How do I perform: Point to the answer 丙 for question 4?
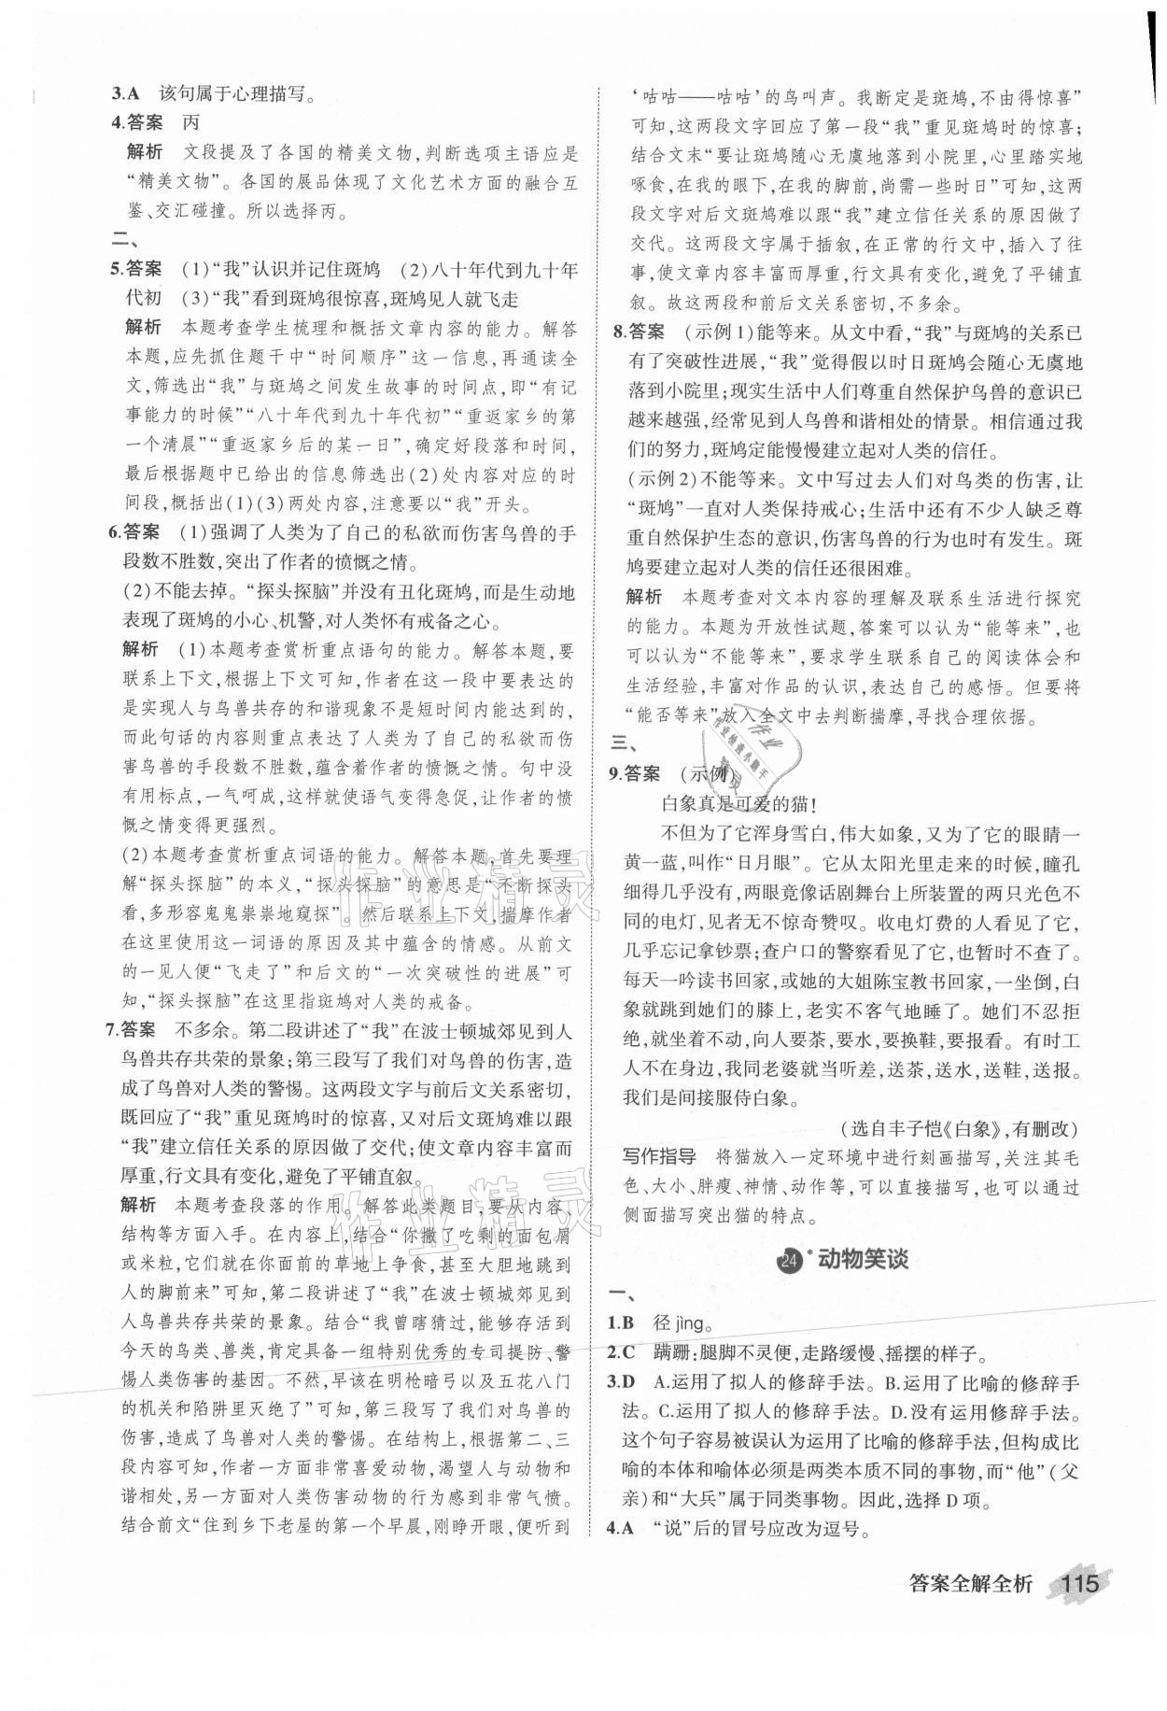(190, 121)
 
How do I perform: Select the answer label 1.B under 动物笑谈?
(621, 1322)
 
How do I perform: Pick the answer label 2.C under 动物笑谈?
(621, 1352)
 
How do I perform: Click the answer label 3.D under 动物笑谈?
(622, 1382)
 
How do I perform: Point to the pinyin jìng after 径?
(696, 1323)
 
